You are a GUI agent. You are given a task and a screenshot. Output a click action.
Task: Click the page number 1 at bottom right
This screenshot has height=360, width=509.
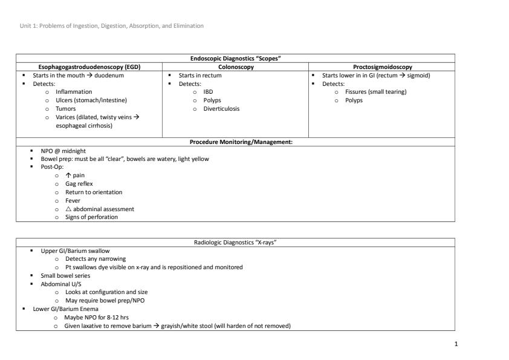click(x=456, y=344)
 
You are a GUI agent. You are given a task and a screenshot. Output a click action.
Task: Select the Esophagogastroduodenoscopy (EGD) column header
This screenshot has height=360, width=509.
click(x=89, y=67)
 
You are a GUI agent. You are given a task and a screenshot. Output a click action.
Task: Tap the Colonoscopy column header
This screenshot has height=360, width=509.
click(x=235, y=67)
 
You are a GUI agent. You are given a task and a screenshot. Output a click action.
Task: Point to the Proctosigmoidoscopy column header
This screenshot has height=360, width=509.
click(x=381, y=67)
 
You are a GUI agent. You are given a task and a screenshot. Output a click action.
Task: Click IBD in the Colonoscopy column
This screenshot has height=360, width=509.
click(x=208, y=92)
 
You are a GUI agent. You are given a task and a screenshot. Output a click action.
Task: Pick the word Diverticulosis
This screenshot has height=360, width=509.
click(x=221, y=109)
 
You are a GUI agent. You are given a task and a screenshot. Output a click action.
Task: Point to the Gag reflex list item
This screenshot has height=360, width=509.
click(x=79, y=183)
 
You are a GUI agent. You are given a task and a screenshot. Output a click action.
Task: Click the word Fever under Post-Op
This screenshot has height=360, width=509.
click(x=73, y=200)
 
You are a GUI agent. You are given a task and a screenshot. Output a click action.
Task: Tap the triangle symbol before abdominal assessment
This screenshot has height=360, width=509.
click(x=68, y=209)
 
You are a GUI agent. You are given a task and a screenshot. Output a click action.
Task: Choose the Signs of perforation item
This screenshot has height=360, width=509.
click(x=91, y=217)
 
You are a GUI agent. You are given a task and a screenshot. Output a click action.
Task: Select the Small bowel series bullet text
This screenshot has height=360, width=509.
click(x=65, y=275)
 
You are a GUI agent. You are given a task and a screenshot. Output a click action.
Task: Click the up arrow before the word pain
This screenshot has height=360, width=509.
click(x=68, y=175)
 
